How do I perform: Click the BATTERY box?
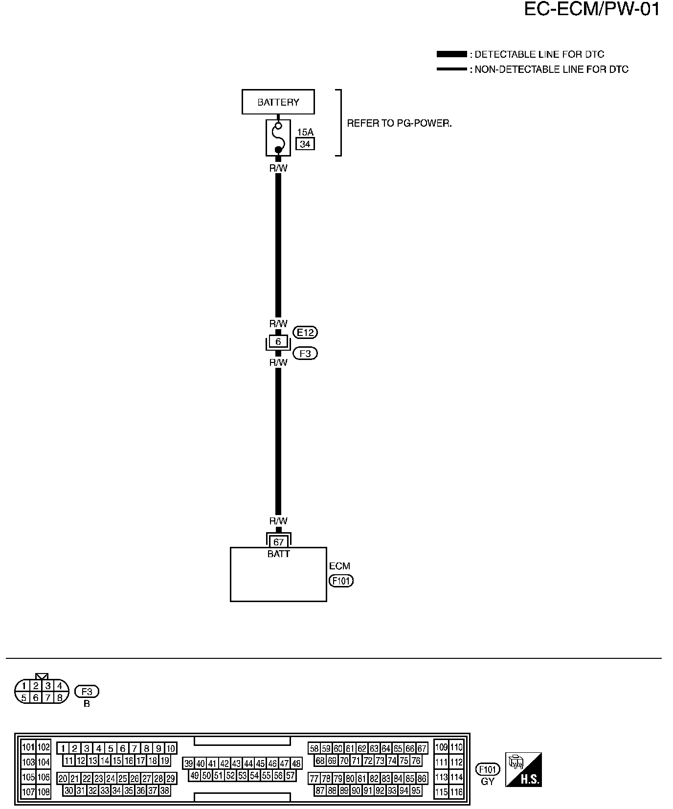pyautogui.click(x=278, y=102)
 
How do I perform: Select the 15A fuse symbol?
pyautogui.click(x=278, y=138)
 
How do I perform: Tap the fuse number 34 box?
pyautogui.click(x=305, y=144)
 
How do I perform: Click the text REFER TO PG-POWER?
pyautogui.click(x=399, y=124)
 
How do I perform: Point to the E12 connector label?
pyautogui.click(x=305, y=333)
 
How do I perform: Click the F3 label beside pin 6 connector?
pyautogui.click(x=305, y=353)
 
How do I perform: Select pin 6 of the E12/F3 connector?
pyautogui.click(x=278, y=342)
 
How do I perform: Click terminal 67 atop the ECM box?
pyautogui.click(x=278, y=542)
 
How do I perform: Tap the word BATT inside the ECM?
pyautogui.click(x=278, y=554)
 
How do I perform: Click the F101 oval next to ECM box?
pyautogui.click(x=341, y=581)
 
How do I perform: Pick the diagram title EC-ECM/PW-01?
pyautogui.click(x=592, y=9)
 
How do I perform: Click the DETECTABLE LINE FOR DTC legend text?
pyautogui.click(x=539, y=54)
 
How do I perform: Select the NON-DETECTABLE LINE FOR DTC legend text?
pyautogui.click(x=551, y=69)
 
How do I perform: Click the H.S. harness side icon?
pyautogui.click(x=523, y=770)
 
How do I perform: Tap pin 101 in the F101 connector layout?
pyautogui.click(x=28, y=747)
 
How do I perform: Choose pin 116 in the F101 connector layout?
pyautogui.click(x=456, y=792)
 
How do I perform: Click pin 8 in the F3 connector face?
pyautogui.click(x=60, y=698)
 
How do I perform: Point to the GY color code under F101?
pyautogui.click(x=488, y=782)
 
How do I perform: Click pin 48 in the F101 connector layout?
pyautogui.click(x=296, y=764)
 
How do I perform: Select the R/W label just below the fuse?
pyautogui.click(x=278, y=168)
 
